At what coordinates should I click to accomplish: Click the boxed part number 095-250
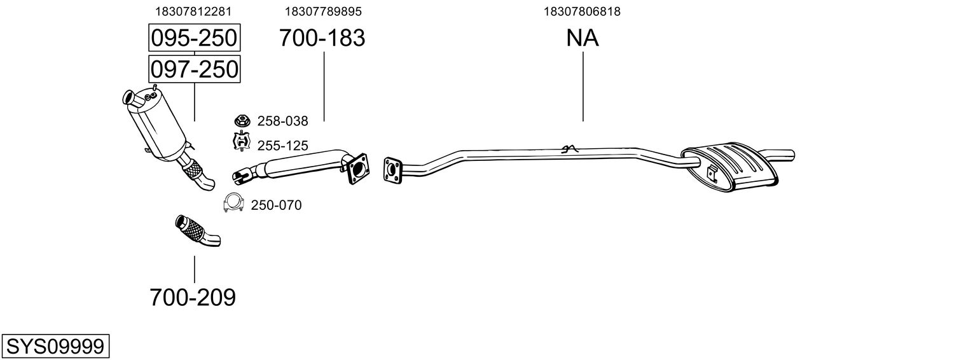(x=194, y=38)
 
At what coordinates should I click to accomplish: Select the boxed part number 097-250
(x=194, y=69)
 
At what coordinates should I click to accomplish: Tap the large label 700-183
(x=322, y=38)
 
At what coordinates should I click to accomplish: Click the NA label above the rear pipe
(x=582, y=38)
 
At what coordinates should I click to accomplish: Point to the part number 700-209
(x=193, y=298)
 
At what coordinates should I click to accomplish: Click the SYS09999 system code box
(x=55, y=346)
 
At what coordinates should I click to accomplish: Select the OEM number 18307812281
(x=193, y=11)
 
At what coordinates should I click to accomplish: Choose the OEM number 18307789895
(x=323, y=11)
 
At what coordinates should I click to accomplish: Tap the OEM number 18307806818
(x=582, y=11)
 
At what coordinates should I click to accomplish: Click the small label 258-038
(x=282, y=121)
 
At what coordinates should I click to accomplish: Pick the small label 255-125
(x=282, y=146)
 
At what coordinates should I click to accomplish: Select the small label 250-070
(x=276, y=205)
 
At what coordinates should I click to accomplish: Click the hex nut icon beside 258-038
(x=242, y=120)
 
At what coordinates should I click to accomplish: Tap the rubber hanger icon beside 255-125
(x=242, y=141)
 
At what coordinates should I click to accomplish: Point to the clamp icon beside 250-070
(x=233, y=202)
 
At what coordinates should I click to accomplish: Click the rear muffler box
(x=730, y=166)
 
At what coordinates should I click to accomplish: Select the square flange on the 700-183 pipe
(x=358, y=169)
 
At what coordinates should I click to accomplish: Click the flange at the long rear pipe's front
(x=392, y=169)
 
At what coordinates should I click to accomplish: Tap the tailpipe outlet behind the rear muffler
(x=782, y=154)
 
